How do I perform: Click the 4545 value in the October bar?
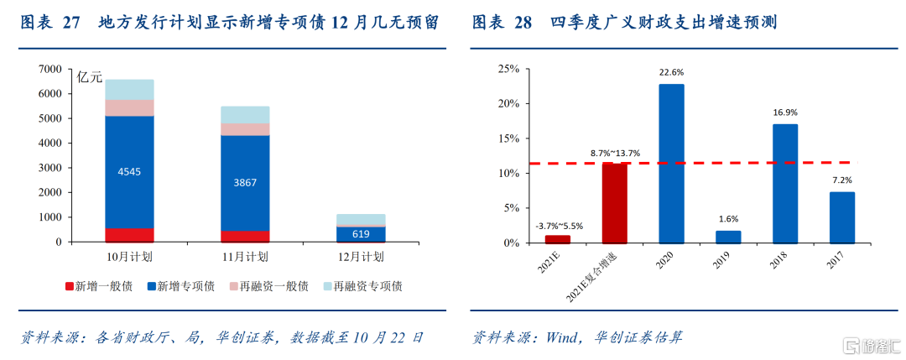click(129, 172)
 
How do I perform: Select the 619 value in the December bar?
click(362, 234)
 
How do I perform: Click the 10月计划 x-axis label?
click(129, 256)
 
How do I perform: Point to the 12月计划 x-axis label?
click(362, 256)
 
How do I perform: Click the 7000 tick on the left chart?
click(49, 69)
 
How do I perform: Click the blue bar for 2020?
click(671, 164)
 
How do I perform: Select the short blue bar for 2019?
click(728, 237)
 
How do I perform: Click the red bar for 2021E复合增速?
click(615, 202)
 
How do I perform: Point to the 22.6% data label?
click(671, 72)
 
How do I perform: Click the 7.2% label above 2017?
click(842, 180)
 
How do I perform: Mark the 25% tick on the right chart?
click(508, 69)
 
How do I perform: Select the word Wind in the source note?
click(564, 337)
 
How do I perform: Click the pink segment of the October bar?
click(129, 107)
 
